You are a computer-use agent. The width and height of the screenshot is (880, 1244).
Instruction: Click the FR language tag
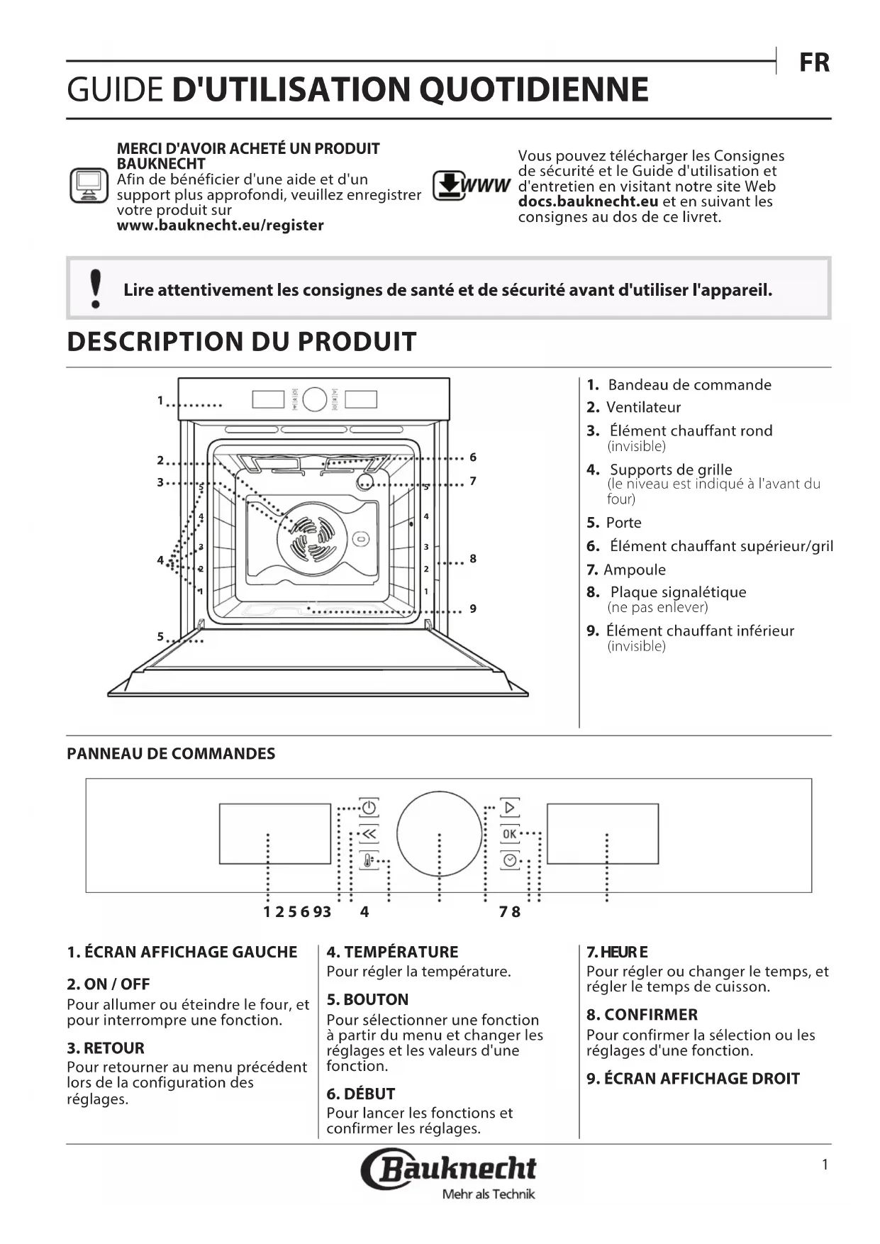[x=814, y=62]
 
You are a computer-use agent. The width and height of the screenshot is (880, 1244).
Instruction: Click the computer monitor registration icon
[x=89, y=185]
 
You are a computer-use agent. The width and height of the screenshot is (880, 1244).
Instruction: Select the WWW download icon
[x=471, y=186]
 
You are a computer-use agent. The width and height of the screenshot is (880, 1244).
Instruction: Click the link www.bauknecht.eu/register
[x=220, y=226]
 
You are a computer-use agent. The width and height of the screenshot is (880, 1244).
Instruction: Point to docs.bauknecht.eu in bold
[x=588, y=201]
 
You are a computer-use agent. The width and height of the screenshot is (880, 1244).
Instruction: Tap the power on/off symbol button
[x=369, y=808]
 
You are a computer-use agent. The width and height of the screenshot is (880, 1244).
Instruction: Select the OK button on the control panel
[x=510, y=834]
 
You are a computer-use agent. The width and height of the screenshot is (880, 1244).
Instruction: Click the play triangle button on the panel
[x=510, y=808]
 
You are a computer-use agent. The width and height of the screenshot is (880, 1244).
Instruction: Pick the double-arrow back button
[x=369, y=834]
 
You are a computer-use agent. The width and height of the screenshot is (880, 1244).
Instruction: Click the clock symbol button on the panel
[x=510, y=860]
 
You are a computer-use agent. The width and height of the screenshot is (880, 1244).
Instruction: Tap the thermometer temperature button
[x=369, y=860]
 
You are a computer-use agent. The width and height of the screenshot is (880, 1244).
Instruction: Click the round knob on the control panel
[x=439, y=834]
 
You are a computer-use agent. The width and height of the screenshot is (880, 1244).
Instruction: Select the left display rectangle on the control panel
[x=275, y=834]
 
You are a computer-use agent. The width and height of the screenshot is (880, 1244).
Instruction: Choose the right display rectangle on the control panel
[x=603, y=834]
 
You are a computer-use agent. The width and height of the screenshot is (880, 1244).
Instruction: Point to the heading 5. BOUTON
[x=367, y=999]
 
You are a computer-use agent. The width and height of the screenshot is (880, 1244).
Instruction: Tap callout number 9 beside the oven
[x=473, y=609]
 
